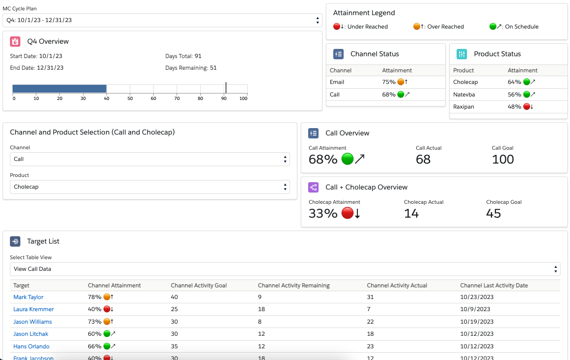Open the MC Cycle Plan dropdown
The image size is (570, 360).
162,20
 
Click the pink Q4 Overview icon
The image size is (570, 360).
15,42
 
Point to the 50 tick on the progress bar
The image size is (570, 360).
130,98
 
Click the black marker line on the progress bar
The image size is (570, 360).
226,88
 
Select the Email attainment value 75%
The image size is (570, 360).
389,82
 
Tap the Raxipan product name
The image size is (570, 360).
464,107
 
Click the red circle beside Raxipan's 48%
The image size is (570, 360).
527,107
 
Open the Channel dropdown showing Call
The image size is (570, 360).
149,159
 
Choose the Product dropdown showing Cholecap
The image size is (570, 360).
149,187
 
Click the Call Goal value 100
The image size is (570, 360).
503,159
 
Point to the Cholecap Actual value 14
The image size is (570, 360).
411,213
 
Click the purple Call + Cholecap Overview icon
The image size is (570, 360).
313,187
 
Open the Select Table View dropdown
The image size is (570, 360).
285,269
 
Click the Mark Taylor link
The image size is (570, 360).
29,297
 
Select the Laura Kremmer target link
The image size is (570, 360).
34,309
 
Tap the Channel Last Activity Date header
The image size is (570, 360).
494,286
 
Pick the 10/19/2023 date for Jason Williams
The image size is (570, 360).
477,322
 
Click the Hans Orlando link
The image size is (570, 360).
32,347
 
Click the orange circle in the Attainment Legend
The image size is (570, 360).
417,26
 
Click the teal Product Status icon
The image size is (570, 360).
462,54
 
